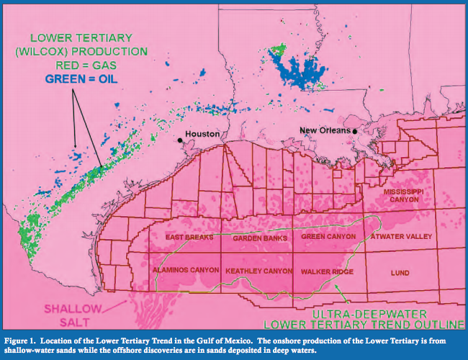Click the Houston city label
click(202, 135)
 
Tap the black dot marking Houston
click(179, 140)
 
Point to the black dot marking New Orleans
click(355, 131)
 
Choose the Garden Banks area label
click(260, 238)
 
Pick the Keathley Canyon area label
click(258, 271)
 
